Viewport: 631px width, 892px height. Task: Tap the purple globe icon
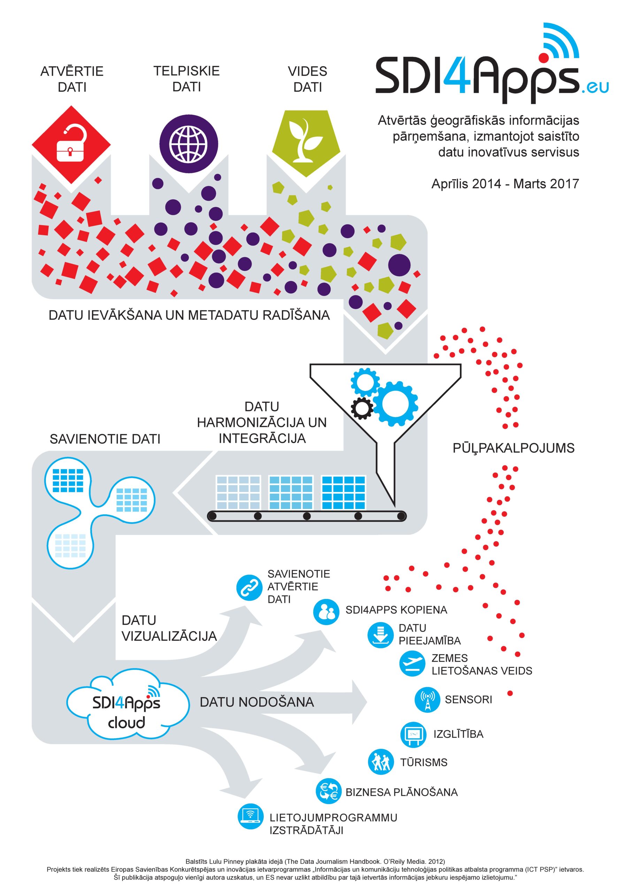188,144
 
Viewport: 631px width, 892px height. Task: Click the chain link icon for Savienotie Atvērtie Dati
249,587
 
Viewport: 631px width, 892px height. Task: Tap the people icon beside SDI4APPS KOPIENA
326,612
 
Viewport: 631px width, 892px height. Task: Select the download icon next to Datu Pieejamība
380,635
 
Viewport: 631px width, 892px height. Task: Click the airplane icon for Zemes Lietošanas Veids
412,664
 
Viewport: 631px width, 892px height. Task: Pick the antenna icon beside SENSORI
428,700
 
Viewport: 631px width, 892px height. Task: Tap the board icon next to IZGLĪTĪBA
413,735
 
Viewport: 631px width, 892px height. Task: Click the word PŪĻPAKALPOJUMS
513,448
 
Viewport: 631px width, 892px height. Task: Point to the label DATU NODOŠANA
257,702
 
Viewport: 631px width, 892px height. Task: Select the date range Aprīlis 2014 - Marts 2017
505,183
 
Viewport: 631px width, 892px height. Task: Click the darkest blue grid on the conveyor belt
344,492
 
